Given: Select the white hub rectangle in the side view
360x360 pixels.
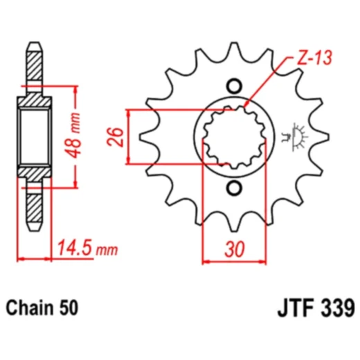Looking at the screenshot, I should [x=34, y=136].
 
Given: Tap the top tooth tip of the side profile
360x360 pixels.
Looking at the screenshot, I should [x=34, y=48].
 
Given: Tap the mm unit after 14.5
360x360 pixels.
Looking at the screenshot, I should [x=109, y=249].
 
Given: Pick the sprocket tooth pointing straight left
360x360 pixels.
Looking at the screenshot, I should [x=147, y=136].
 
